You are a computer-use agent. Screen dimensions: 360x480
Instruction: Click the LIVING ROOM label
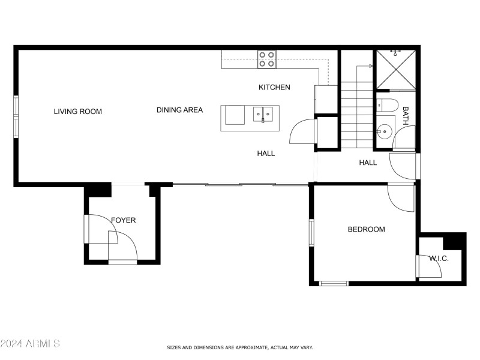[77, 111]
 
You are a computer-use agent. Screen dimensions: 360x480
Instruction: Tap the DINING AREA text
[179, 110]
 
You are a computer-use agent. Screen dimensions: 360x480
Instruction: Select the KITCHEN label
[274, 87]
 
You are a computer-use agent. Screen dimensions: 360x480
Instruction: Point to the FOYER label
[123, 220]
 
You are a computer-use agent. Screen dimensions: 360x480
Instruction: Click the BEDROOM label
[366, 229]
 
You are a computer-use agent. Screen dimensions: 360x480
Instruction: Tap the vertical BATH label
[406, 115]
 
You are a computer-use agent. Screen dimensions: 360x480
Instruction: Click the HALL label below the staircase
[368, 163]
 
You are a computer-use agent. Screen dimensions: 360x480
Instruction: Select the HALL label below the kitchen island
[266, 154]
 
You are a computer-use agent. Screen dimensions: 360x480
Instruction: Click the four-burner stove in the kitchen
[267, 59]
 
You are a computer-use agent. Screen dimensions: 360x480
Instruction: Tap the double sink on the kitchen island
[263, 112]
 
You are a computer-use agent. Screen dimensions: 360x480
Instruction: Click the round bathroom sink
[384, 130]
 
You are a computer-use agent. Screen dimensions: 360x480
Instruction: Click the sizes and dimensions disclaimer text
[239, 347]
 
